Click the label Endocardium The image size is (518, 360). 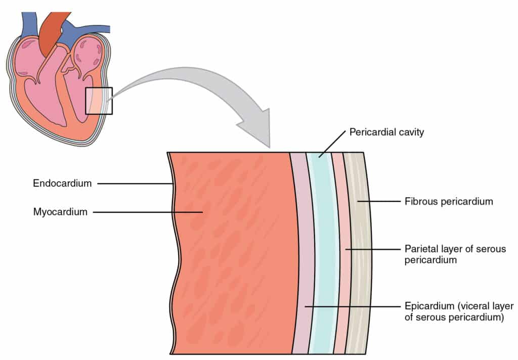62,184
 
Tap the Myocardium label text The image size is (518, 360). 61,212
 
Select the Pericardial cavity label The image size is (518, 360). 387,133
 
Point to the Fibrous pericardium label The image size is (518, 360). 448,202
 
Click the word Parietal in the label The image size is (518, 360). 419,249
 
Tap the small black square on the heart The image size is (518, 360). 99,100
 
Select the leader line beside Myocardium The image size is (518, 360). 147,212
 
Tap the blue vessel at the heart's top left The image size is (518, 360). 28,23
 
